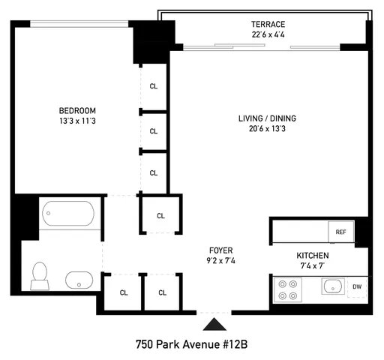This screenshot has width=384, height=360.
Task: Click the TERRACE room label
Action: pos(268,24)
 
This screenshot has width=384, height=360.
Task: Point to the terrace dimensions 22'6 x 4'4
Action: pos(268,34)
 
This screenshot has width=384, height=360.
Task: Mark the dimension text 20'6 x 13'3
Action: pos(268,128)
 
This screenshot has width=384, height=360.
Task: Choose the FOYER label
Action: pos(221,250)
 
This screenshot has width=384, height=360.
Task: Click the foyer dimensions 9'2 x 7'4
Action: pos(221,260)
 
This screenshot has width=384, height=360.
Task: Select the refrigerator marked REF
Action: pos(340,232)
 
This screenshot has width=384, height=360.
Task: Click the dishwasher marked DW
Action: pos(357,286)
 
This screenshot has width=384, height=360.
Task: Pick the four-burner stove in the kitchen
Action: pos(287,289)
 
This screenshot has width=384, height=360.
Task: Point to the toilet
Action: pos(39,275)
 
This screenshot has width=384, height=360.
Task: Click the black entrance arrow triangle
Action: pos(214,324)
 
